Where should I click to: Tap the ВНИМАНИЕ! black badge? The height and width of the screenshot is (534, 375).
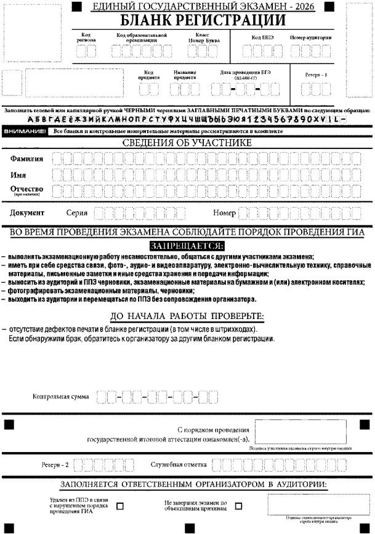tap(25, 132)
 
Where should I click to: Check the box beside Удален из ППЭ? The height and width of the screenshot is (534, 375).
tap(120, 507)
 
